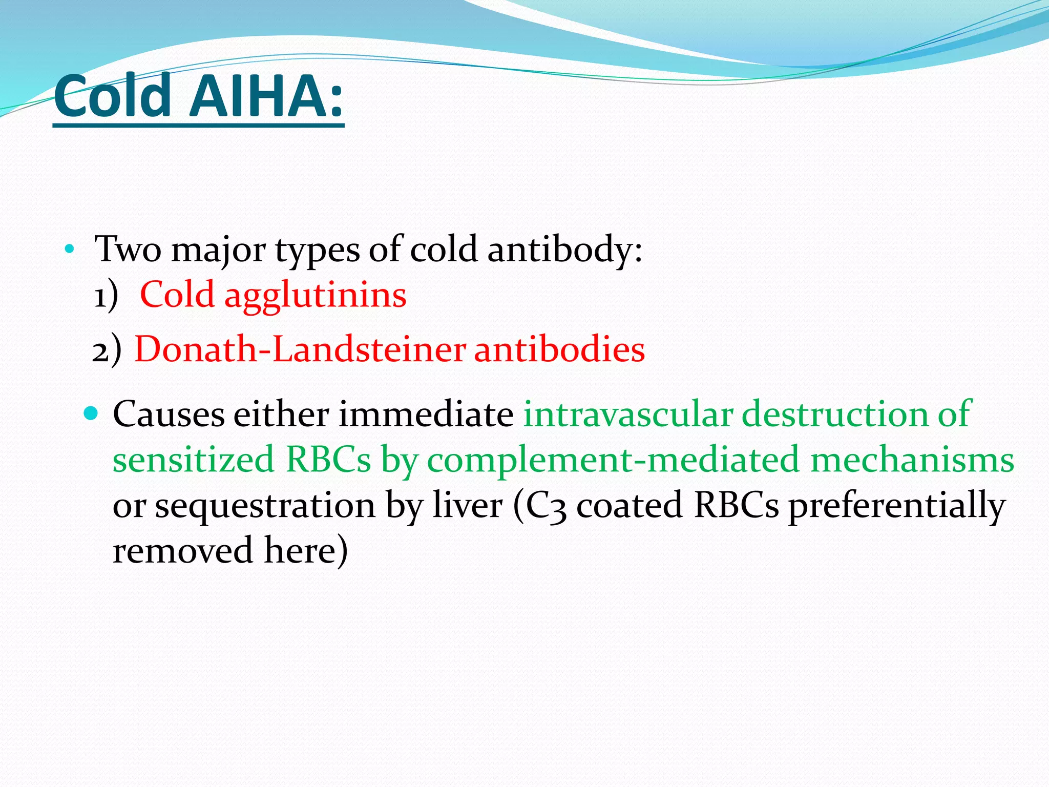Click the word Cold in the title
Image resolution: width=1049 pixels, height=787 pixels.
tap(112, 96)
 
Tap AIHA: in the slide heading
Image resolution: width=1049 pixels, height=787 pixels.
tap(266, 96)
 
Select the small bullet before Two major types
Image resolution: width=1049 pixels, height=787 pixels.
tap(70, 250)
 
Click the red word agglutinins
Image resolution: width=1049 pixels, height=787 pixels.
tap(316, 296)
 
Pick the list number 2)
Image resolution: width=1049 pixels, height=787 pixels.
tap(107, 350)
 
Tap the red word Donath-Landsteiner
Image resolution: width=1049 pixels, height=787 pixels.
tap(300, 349)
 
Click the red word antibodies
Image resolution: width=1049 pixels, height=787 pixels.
tap(559, 349)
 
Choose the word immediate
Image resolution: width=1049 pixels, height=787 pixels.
tap(426, 413)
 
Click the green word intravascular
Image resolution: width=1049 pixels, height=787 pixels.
tap(628, 413)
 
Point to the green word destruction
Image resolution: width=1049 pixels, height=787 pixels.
tap(835, 413)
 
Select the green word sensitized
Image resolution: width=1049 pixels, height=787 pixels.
tap(194, 459)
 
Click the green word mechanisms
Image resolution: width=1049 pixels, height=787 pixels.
tap(912, 459)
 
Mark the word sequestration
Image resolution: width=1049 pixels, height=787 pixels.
tap(265, 506)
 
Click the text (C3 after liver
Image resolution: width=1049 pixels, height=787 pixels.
tap(540, 506)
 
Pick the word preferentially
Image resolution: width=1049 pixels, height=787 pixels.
tap(896, 506)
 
